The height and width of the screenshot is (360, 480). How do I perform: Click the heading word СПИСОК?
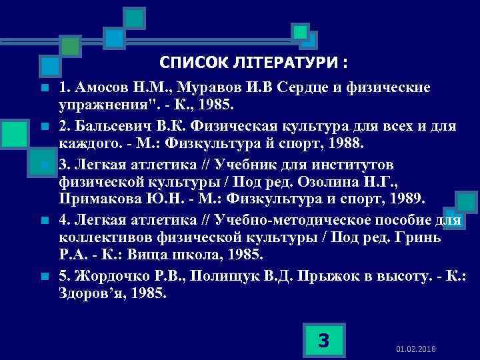click(x=189, y=63)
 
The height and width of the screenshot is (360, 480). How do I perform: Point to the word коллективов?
click(x=104, y=237)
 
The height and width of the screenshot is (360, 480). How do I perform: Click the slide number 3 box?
click(x=323, y=341)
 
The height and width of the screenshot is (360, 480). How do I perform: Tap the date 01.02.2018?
click(x=415, y=349)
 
